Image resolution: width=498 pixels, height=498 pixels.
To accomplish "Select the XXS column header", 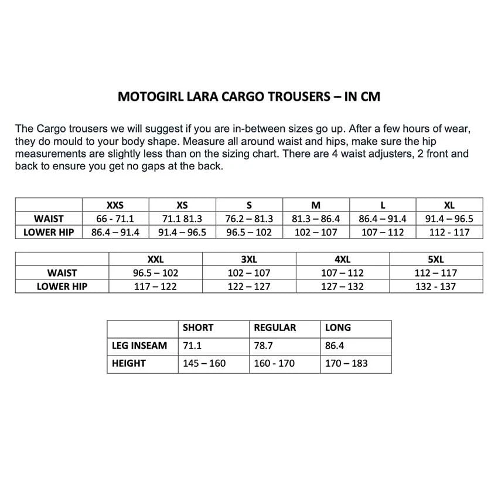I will pos(115,205).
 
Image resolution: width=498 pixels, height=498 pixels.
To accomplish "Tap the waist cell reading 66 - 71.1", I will pos(115,219).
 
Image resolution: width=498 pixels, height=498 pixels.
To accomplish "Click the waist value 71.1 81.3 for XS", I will pos(182,219).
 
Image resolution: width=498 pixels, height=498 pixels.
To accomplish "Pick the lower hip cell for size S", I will pos(249,233).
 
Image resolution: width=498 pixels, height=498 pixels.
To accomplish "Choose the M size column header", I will pos(316,205).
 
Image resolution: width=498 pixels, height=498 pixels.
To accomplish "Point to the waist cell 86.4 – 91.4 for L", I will pos(382,219).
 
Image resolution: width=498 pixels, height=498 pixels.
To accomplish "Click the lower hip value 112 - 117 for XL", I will pos(449,233).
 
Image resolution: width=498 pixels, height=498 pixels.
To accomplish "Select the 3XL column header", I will pos(249,259).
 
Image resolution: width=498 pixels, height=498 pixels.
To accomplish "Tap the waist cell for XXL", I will pos(155,273).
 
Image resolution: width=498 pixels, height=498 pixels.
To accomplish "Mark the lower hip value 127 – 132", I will pos(342,286).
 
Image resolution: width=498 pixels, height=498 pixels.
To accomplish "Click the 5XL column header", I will pos(436,259).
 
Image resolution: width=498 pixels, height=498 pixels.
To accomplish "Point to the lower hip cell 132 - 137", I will pos(436,286).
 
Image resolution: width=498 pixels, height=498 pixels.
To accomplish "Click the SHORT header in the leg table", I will pos(198,328).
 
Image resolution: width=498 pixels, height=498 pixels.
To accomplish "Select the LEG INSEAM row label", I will pos(139,346).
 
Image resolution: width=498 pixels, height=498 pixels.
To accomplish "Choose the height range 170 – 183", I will pos(346,363).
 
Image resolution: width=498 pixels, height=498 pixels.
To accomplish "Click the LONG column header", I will pos(338,328).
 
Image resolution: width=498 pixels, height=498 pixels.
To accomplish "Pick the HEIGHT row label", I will pos(129,363).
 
